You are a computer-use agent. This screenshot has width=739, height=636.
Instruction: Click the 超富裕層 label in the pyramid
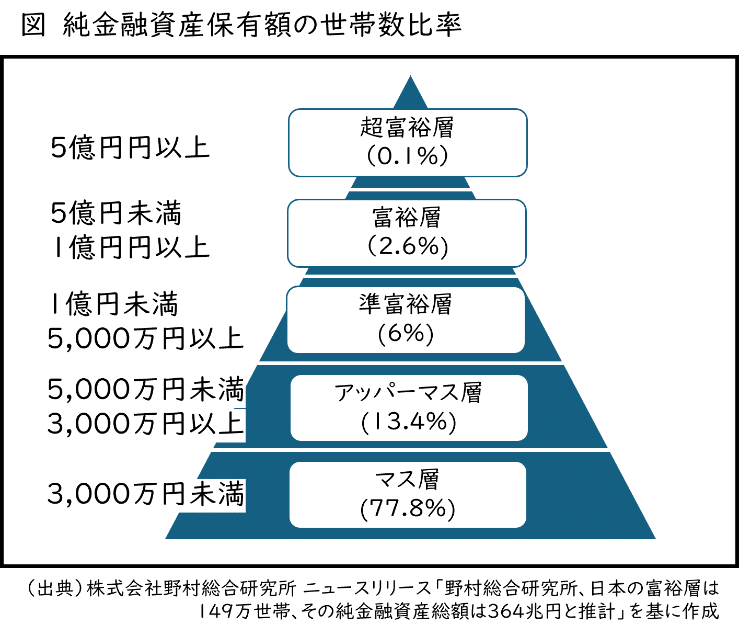(407, 128)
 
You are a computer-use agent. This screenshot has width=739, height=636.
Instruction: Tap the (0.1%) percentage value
(407, 156)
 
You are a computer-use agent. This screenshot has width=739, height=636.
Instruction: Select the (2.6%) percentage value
(407, 246)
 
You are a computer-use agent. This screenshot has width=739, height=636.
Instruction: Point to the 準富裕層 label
(406, 304)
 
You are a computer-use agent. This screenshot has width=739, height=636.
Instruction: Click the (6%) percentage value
(406, 333)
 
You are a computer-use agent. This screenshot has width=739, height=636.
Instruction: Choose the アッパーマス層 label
(408, 392)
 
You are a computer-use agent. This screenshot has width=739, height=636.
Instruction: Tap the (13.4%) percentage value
(408, 422)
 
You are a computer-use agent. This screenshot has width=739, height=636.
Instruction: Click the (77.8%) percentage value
(408, 508)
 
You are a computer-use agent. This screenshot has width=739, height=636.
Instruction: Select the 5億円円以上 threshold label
(130, 148)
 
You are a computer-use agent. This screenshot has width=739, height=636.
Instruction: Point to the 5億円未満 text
(116, 213)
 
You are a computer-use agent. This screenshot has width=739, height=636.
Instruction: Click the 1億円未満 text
(114, 304)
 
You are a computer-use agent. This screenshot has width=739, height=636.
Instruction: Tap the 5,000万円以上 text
(145, 339)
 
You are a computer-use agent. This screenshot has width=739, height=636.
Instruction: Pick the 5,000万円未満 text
(145, 390)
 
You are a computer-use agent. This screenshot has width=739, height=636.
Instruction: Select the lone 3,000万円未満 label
(145, 494)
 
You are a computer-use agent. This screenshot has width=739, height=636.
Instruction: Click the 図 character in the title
(33, 26)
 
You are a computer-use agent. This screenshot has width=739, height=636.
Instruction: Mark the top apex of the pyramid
(410, 78)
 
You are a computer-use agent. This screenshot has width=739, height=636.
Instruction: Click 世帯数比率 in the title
(392, 26)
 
